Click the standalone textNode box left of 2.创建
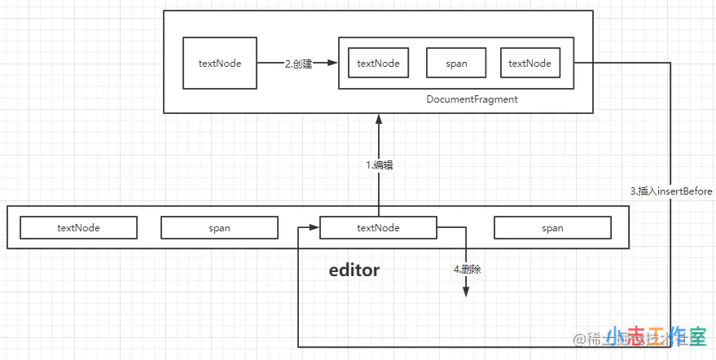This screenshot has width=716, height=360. [x=220, y=64]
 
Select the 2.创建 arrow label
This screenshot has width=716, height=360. [x=299, y=64]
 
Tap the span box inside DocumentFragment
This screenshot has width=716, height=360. [x=456, y=64]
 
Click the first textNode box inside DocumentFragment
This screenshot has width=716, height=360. [x=378, y=64]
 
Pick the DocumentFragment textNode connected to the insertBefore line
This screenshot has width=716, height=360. [x=529, y=64]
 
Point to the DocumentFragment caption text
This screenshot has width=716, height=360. [x=472, y=99]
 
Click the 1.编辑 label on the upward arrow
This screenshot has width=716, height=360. [x=380, y=165]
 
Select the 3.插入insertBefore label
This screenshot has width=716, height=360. [x=671, y=191]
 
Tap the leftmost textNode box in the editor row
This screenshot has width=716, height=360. [x=78, y=228]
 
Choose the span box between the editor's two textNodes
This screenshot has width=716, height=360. [x=219, y=228]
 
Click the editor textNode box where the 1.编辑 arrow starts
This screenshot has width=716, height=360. [x=378, y=228]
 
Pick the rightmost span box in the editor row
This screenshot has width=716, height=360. [x=552, y=228]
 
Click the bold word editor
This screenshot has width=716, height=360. [x=354, y=270]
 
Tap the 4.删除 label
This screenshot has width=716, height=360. [x=467, y=269]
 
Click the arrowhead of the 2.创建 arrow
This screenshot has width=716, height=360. [x=332, y=64]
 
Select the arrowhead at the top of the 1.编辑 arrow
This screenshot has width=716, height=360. [x=378, y=119]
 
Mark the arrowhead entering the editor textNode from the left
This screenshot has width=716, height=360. [x=313, y=228]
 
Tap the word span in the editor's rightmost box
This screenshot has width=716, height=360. [x=552, y=228]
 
